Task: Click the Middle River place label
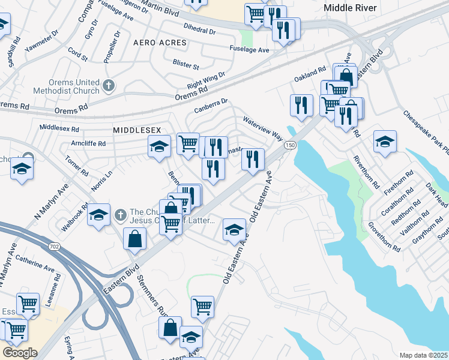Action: [350, 8]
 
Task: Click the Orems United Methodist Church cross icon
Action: [109, 86]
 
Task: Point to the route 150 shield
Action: [290, 146]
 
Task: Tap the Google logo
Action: [20, 352]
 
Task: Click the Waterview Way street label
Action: [262, 128]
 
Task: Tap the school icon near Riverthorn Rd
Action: [385, 142]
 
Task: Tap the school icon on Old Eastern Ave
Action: [235, 229]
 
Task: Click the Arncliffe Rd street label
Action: [88, 143]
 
